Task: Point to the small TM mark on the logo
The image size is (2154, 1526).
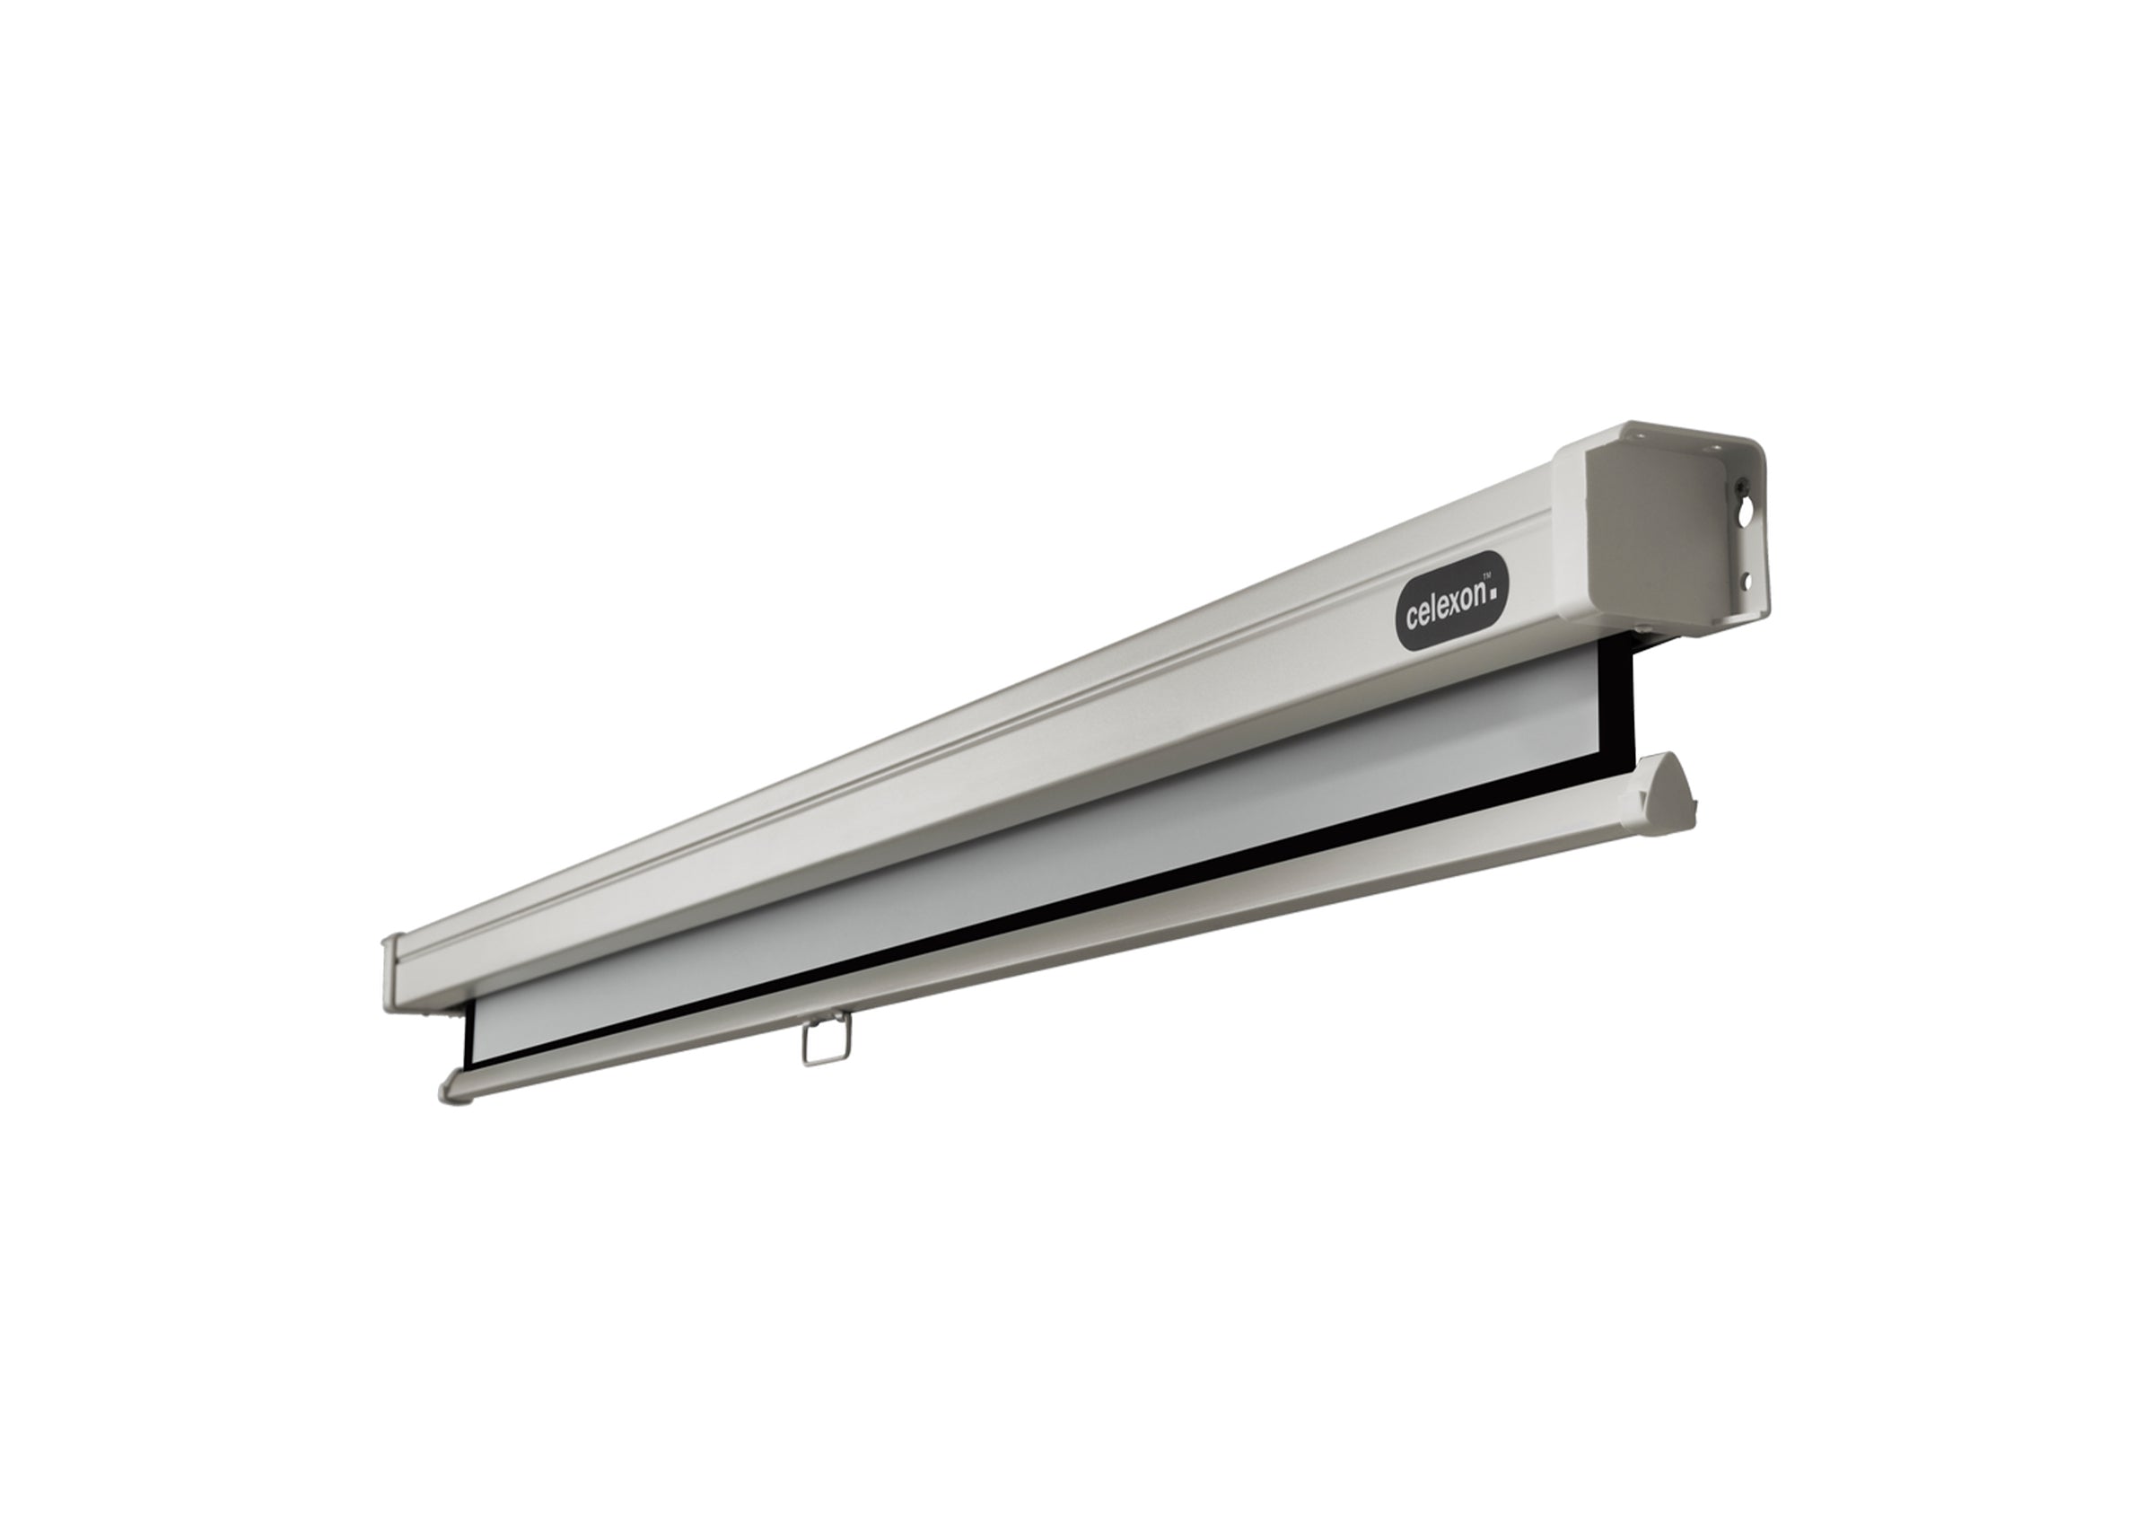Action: (1486, 576)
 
